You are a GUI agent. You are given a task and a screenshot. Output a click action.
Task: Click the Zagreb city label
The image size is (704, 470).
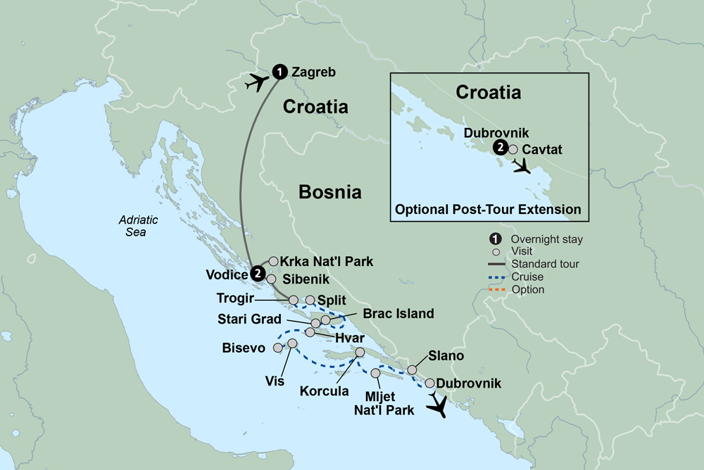click(313, 72)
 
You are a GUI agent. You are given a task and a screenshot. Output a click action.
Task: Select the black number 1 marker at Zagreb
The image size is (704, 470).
click(279, 71)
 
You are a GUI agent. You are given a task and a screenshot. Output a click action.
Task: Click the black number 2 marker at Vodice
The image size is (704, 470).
click(258, 274)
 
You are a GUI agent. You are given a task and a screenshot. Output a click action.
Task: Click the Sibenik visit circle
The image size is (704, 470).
click(271, 279)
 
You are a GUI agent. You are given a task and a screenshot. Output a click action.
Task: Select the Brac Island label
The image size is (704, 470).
click(398, 314)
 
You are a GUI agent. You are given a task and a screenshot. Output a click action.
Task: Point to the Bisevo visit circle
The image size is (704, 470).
click(278, 348)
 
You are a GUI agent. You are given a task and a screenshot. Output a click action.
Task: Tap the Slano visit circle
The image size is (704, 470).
click(413, 369)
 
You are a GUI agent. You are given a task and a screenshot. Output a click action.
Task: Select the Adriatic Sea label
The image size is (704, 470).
click(138, 226)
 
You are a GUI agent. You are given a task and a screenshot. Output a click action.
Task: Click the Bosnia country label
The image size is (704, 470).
click(329, 191)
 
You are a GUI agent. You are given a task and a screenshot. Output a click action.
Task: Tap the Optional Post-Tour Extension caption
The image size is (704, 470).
click(488, 209)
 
